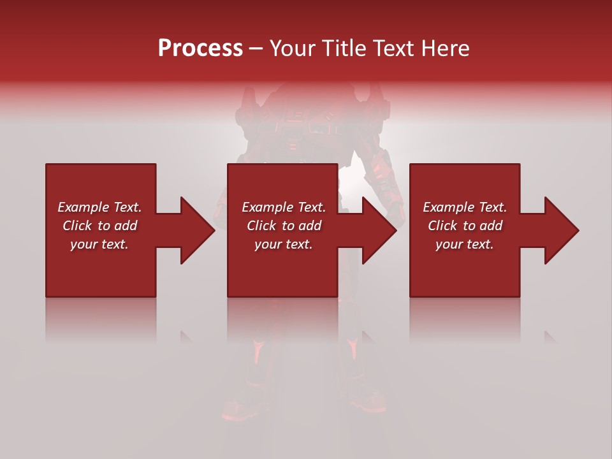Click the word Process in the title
click(200, 48)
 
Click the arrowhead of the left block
click(197, 230)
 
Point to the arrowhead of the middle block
click(379, 230)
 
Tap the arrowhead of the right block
click(561, 230)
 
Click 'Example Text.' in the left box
click(99, 207)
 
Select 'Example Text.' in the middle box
click(284, 207)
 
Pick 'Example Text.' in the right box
click(465, 207)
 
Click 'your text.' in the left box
click(99, 244)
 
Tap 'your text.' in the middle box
click(284, 244)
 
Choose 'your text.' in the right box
click(465, 244)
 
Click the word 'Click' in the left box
click(76, 226)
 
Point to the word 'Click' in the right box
click(442, 226)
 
